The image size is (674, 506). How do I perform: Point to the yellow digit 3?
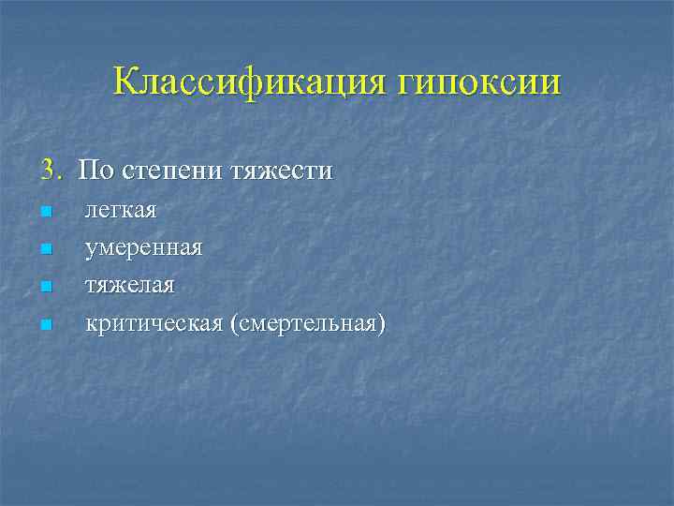[x=47, y=171]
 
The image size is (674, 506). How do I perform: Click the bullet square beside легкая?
[x=46, y=212]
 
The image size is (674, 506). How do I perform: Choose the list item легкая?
[x=121, y=211]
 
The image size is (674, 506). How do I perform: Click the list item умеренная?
[x=143, y=249]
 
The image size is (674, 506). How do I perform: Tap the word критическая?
[x=154, y=324]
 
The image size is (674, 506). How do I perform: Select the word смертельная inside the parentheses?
[x=307, y=324]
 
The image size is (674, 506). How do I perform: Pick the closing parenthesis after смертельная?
[x=381, y=324]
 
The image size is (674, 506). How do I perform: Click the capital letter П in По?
[x=87, y=171]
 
